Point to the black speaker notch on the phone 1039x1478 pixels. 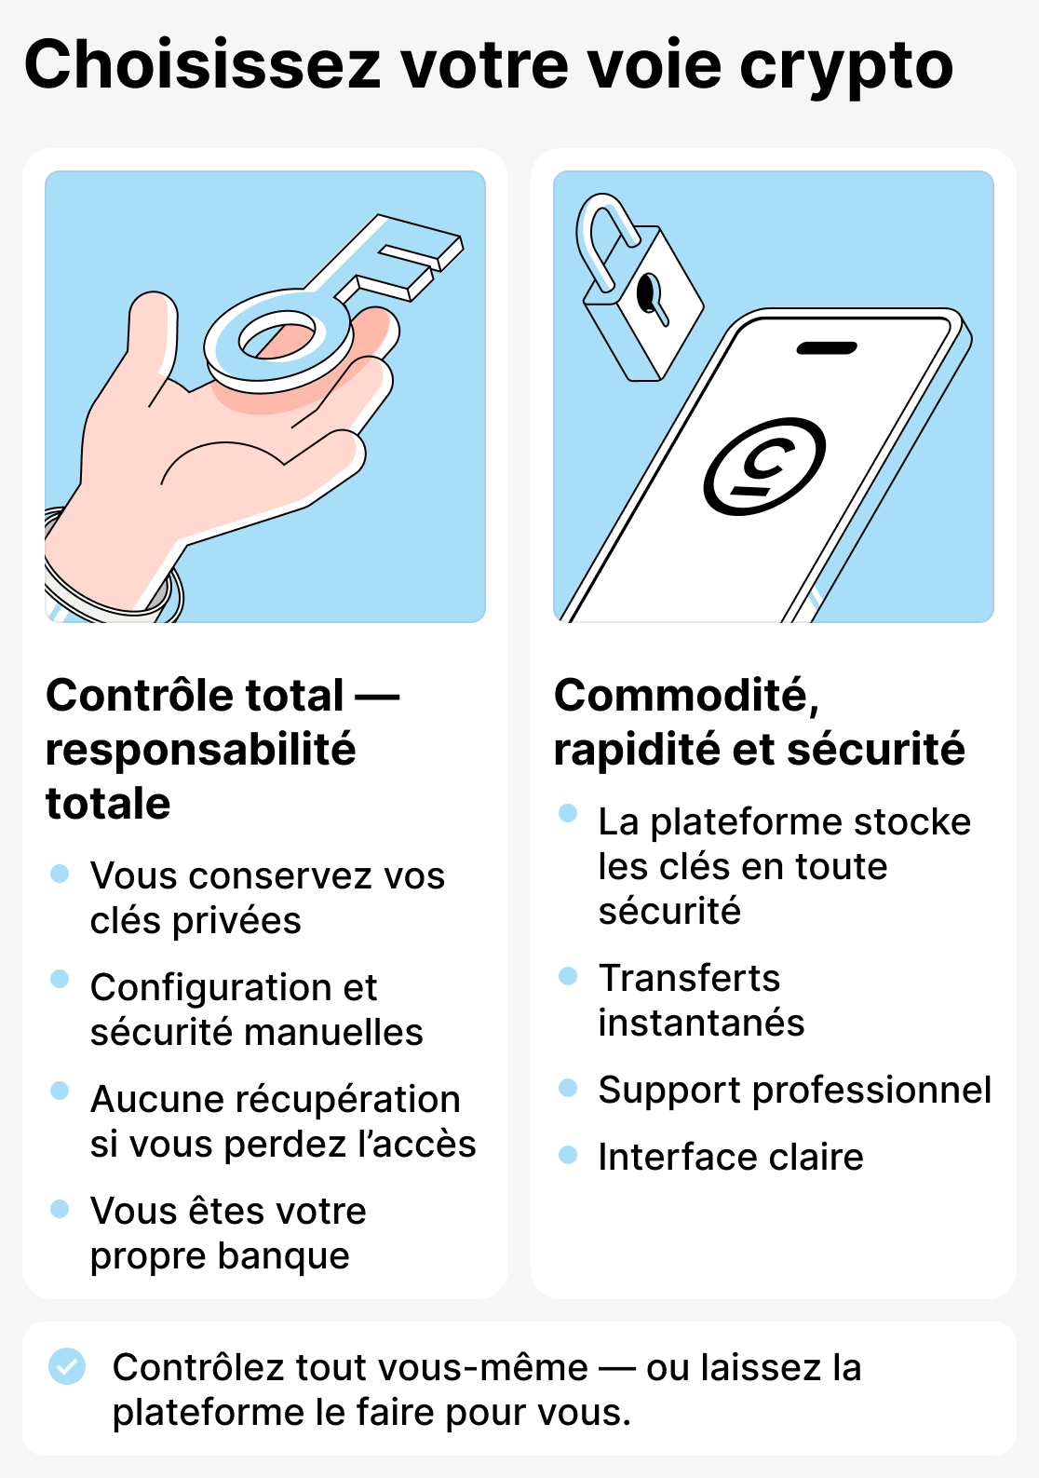tap(827, 348)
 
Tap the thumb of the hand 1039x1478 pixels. tap(152, 335)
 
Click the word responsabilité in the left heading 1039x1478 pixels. tap(200, 750)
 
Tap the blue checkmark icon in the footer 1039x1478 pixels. tap(67, 1366)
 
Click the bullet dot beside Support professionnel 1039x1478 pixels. tap(568, 1088)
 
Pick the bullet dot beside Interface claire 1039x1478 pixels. tap(568, 1155)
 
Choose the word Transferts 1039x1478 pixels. tap(689, 978)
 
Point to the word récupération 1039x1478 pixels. tap(347, 1100)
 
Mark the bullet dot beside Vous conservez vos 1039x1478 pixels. tap(60, 874)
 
